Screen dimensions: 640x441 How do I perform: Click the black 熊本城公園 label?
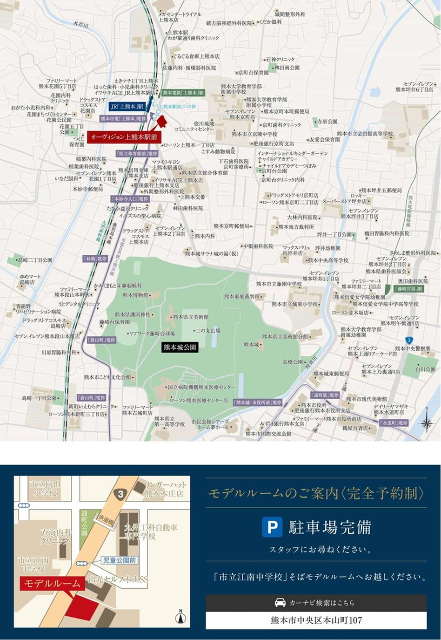(x=180, y=347)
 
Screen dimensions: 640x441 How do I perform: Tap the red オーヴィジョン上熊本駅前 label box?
(x=124, y=137)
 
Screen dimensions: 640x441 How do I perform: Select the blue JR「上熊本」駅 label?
(x=127, y=107)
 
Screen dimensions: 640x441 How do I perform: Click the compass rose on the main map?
(x=426, y=423)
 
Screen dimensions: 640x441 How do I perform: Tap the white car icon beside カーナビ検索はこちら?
(x=280, y=602)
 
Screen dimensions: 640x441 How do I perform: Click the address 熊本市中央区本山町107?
(x=316, y=620)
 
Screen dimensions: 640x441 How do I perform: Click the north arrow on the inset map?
(x=180, y=617)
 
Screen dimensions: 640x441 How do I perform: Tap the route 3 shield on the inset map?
(x=120, y=495)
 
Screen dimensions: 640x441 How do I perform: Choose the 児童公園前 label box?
(x=119, y=560)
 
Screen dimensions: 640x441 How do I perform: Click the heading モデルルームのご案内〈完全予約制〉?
(x=316, y=493)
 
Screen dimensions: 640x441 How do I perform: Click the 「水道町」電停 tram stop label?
(x=394, y=423)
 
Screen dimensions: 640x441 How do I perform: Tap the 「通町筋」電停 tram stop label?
(x=325, y=395)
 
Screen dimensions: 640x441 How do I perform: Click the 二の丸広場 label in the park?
(x=207, y=331)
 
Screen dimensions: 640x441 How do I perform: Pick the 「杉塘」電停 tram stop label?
(x=95, y=259)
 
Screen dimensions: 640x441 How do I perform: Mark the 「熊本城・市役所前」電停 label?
(x=258, y=402)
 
